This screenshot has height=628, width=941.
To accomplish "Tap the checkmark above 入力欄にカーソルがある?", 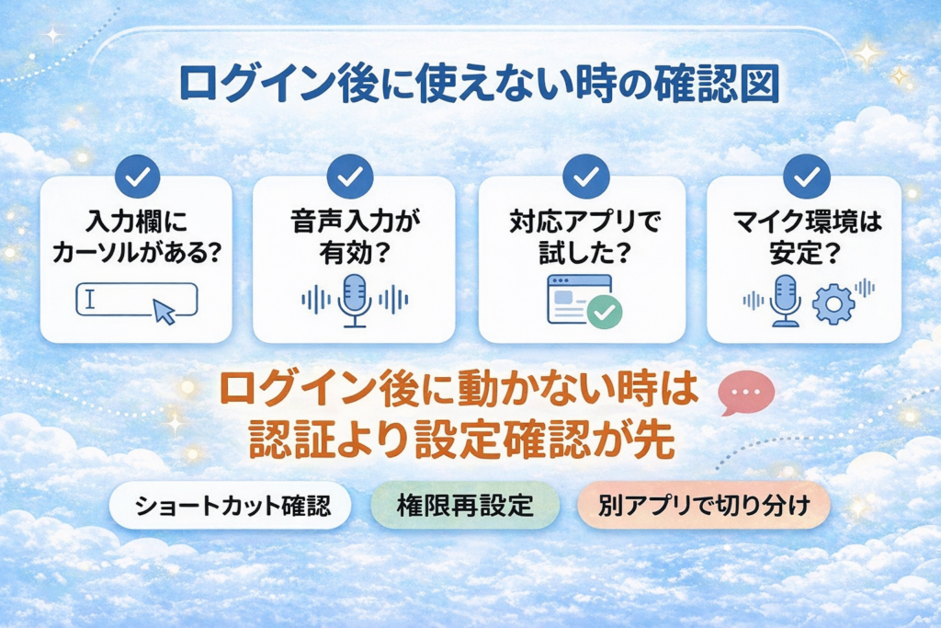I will coord(137,176).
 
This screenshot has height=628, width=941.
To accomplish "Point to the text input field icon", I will coord(136,300).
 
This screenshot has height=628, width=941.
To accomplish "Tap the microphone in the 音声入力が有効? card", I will coord(354,299).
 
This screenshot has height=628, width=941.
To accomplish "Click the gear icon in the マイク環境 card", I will coord(834,304).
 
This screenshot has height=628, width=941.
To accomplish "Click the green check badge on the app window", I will coord(605,313).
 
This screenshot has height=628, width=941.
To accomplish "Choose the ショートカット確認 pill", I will coord(231,507).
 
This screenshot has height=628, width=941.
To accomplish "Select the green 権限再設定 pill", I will coord(465,507).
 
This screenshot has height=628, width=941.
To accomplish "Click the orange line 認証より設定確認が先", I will coord(463,441).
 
